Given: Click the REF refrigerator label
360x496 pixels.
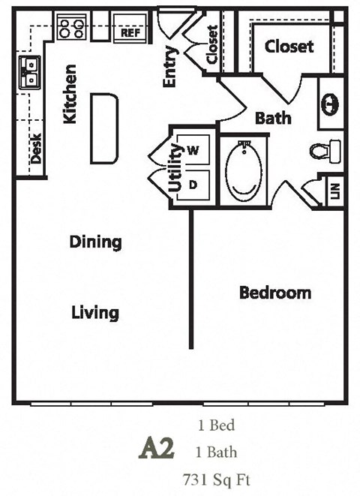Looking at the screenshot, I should click(130, 32).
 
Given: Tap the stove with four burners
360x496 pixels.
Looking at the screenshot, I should click(73, 28).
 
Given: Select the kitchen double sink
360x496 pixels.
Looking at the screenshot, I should click(30, 72).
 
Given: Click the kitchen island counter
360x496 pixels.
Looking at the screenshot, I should click(105, 128).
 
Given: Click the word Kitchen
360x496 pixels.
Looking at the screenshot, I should click(70, 95).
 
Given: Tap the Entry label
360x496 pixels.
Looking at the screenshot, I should click(170, 68).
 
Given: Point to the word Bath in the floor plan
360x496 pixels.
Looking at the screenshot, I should click(273, 118).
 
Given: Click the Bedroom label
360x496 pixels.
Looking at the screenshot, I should click(274, 292).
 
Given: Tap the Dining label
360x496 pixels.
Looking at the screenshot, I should click(95, 242).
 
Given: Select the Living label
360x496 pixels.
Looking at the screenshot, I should click(95, 311).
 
